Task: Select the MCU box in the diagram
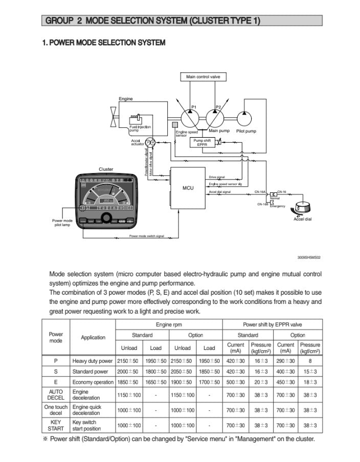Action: (x=188, y=188)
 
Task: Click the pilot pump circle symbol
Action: (x=245, y=118)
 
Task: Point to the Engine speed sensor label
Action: (x=186, y=133)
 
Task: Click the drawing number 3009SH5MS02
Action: (x=309, y=258)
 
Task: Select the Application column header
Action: (x=93, y=337)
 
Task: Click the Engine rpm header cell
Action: (x=169, y=325)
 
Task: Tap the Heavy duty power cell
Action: (x=93, y=361)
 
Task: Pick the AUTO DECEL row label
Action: (x=55, y=394)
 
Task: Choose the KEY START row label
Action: (x=55, y=425)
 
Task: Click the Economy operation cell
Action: (x=93, y=382)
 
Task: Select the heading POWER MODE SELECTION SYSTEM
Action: (x=104, y=42)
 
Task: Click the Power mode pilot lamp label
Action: (x=63, y=223)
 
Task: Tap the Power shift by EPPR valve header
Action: (x=272, y=325)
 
